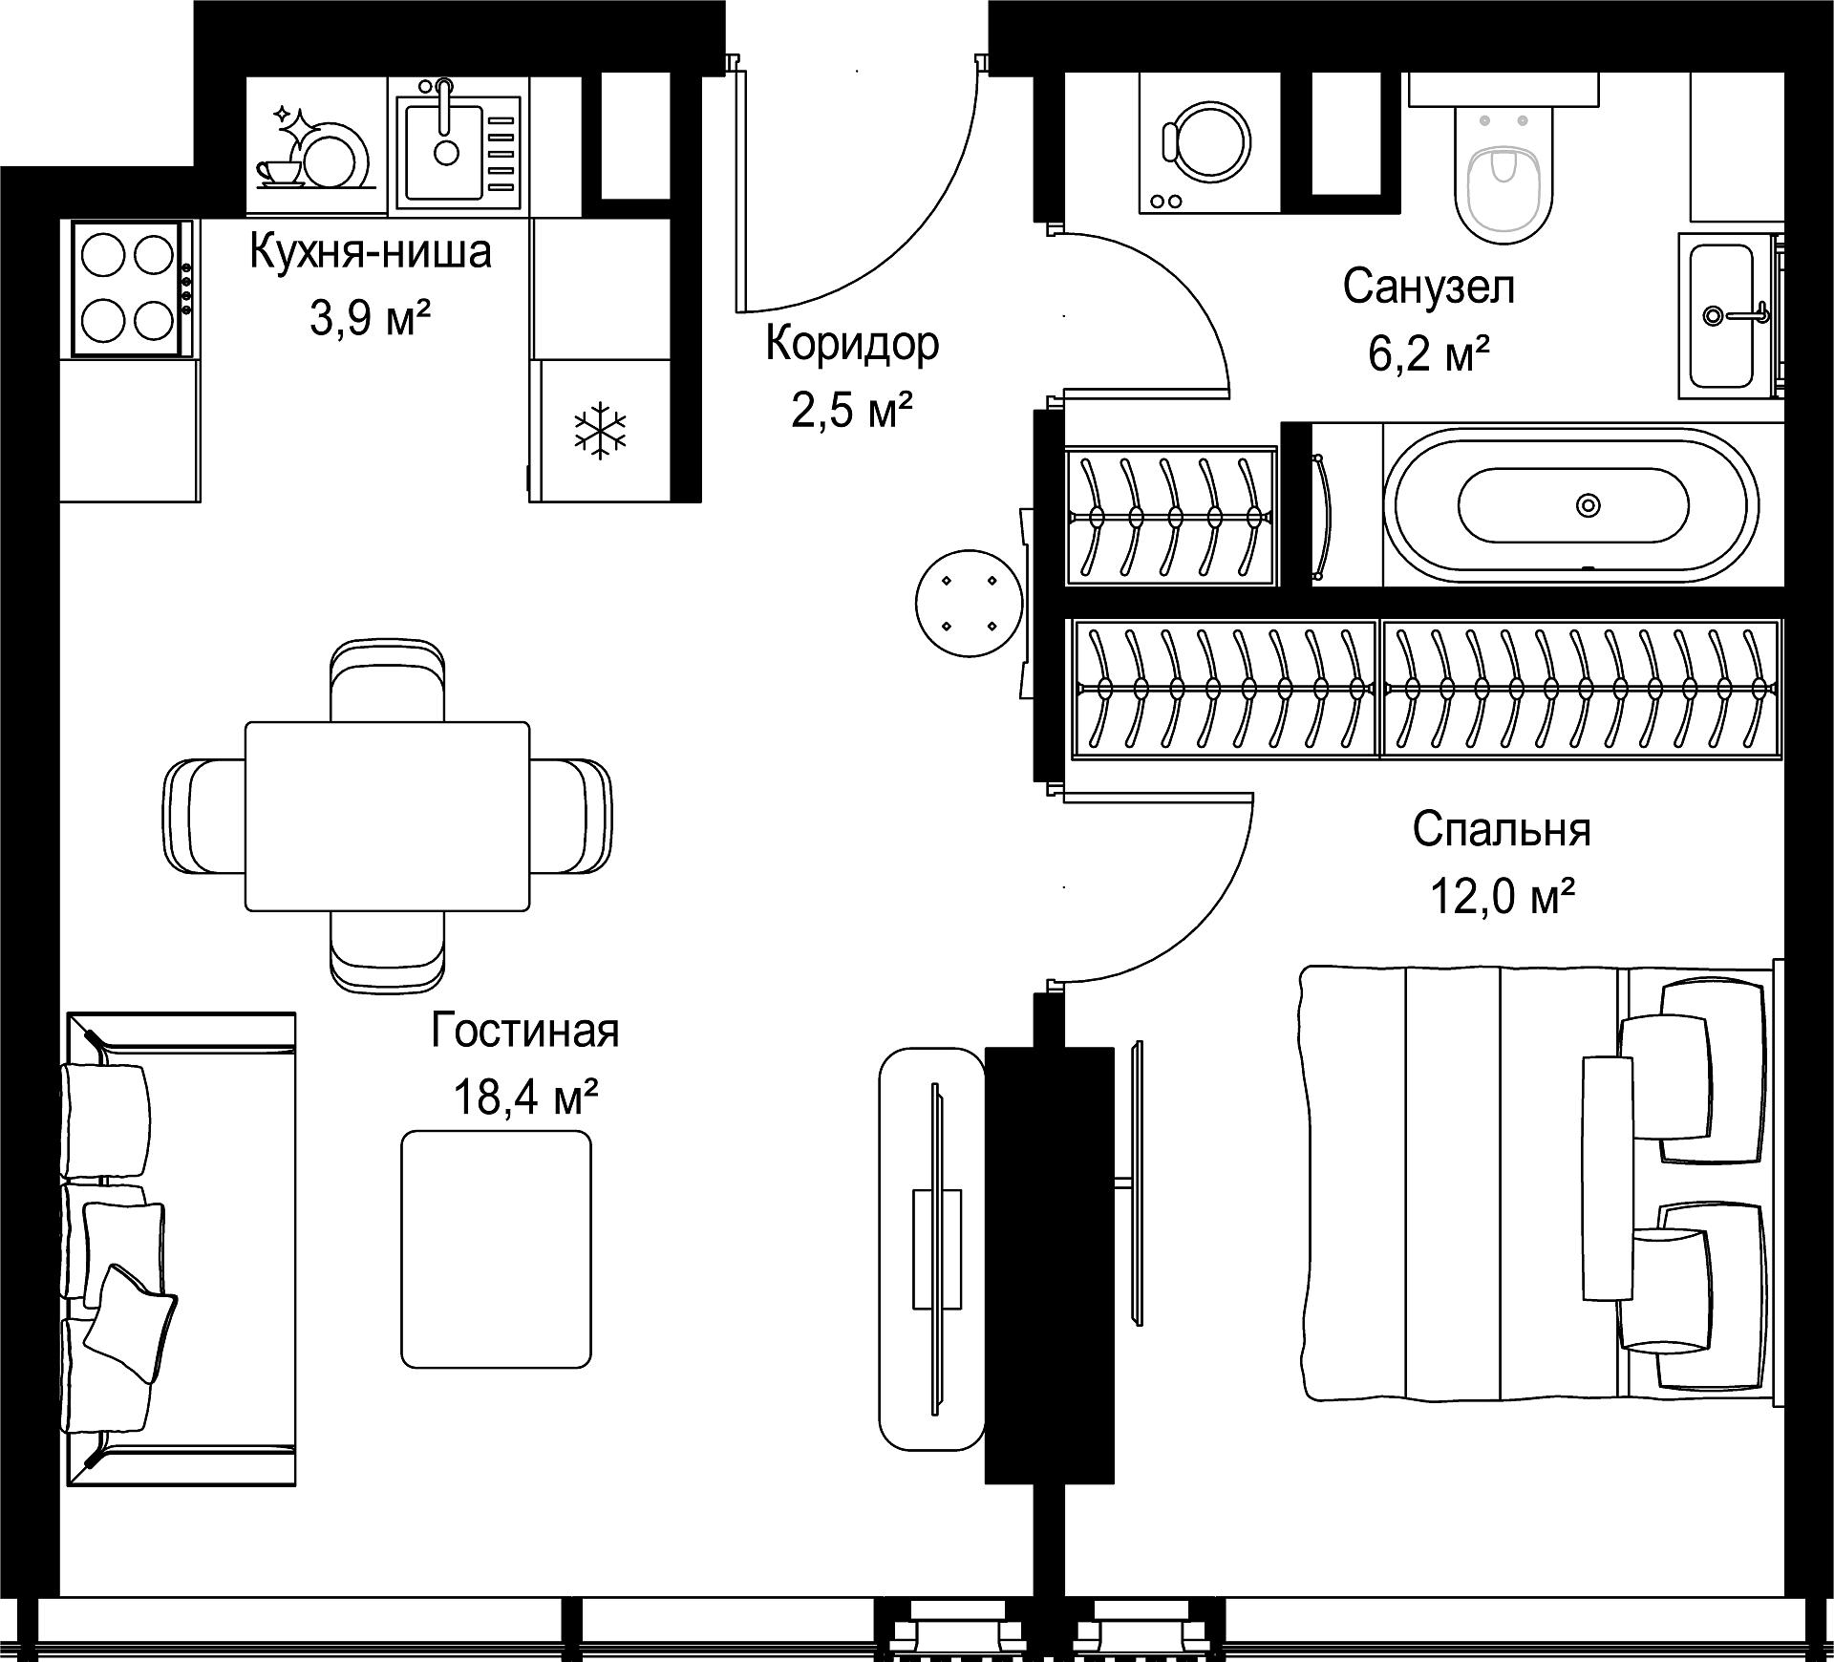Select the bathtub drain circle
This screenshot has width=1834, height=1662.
pos(1589,504)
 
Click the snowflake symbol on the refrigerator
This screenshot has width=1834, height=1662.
pos(600,431)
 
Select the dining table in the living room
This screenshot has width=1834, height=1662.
pos(387,816)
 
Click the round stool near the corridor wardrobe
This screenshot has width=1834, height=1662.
pos(969,603)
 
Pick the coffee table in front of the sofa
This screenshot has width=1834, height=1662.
pos(496,1249)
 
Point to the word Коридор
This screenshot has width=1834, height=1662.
pos(852,344)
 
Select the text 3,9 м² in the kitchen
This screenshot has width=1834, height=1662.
pos(370,317)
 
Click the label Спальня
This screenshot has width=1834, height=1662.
pos(1502,829)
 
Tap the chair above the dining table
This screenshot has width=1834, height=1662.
pos(387,680)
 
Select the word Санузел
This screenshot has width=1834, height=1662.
pos(1429,286)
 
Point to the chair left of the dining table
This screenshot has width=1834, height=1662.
pos(204,816)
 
